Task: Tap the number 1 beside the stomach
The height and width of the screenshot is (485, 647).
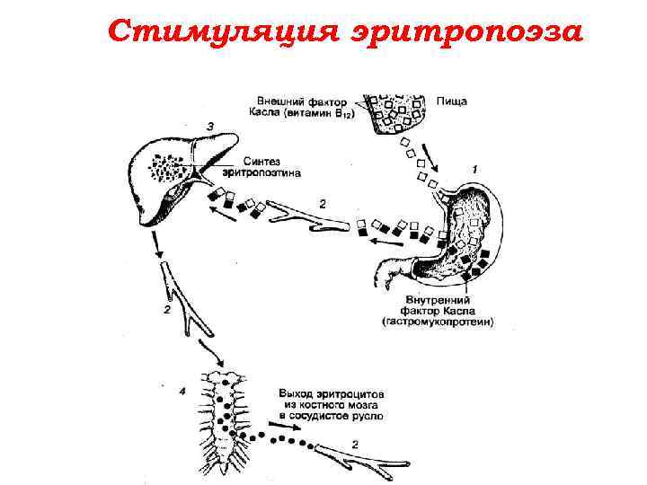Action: pyautogui.click(x=474, y=170)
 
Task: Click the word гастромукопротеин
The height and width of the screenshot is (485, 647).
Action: pyautogui.click(x=439, y=322)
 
